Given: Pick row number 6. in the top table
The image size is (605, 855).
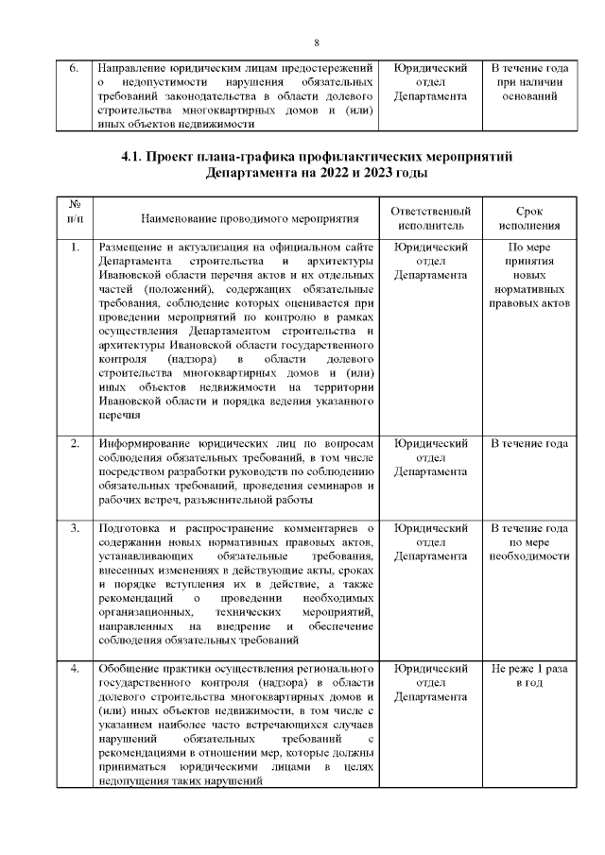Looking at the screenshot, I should pyautogui.click(x=75, y=69).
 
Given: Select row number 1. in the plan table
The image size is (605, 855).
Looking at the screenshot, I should pyautogui.click(x=75, y=248).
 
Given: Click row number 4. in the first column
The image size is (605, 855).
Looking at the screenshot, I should pyautogui.click(x=75, y=669).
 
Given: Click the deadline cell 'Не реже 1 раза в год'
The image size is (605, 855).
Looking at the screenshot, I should pyautogui.click(x=529, y=675).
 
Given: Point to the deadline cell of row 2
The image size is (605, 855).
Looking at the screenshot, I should pyautogui.click(x=529, y=443).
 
